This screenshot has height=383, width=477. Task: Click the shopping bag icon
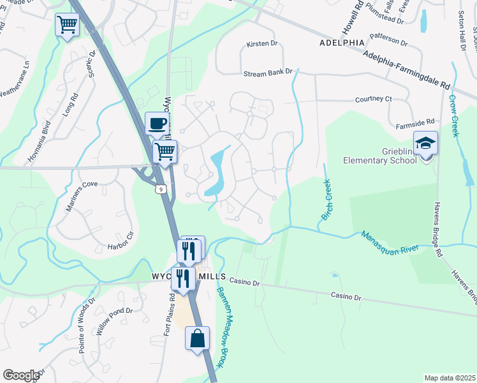(198, 338)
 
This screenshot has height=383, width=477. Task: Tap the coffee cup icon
(157, 123)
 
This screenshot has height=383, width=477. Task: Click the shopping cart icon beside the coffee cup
(165, 151)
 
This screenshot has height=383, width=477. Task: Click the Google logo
(21, 375)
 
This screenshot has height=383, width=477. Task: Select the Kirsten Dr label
(262, 44)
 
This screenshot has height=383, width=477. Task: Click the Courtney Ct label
(373, 100)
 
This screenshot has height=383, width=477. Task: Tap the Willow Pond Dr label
(115, 322)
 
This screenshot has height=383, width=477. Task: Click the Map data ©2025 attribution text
(450, 378)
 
